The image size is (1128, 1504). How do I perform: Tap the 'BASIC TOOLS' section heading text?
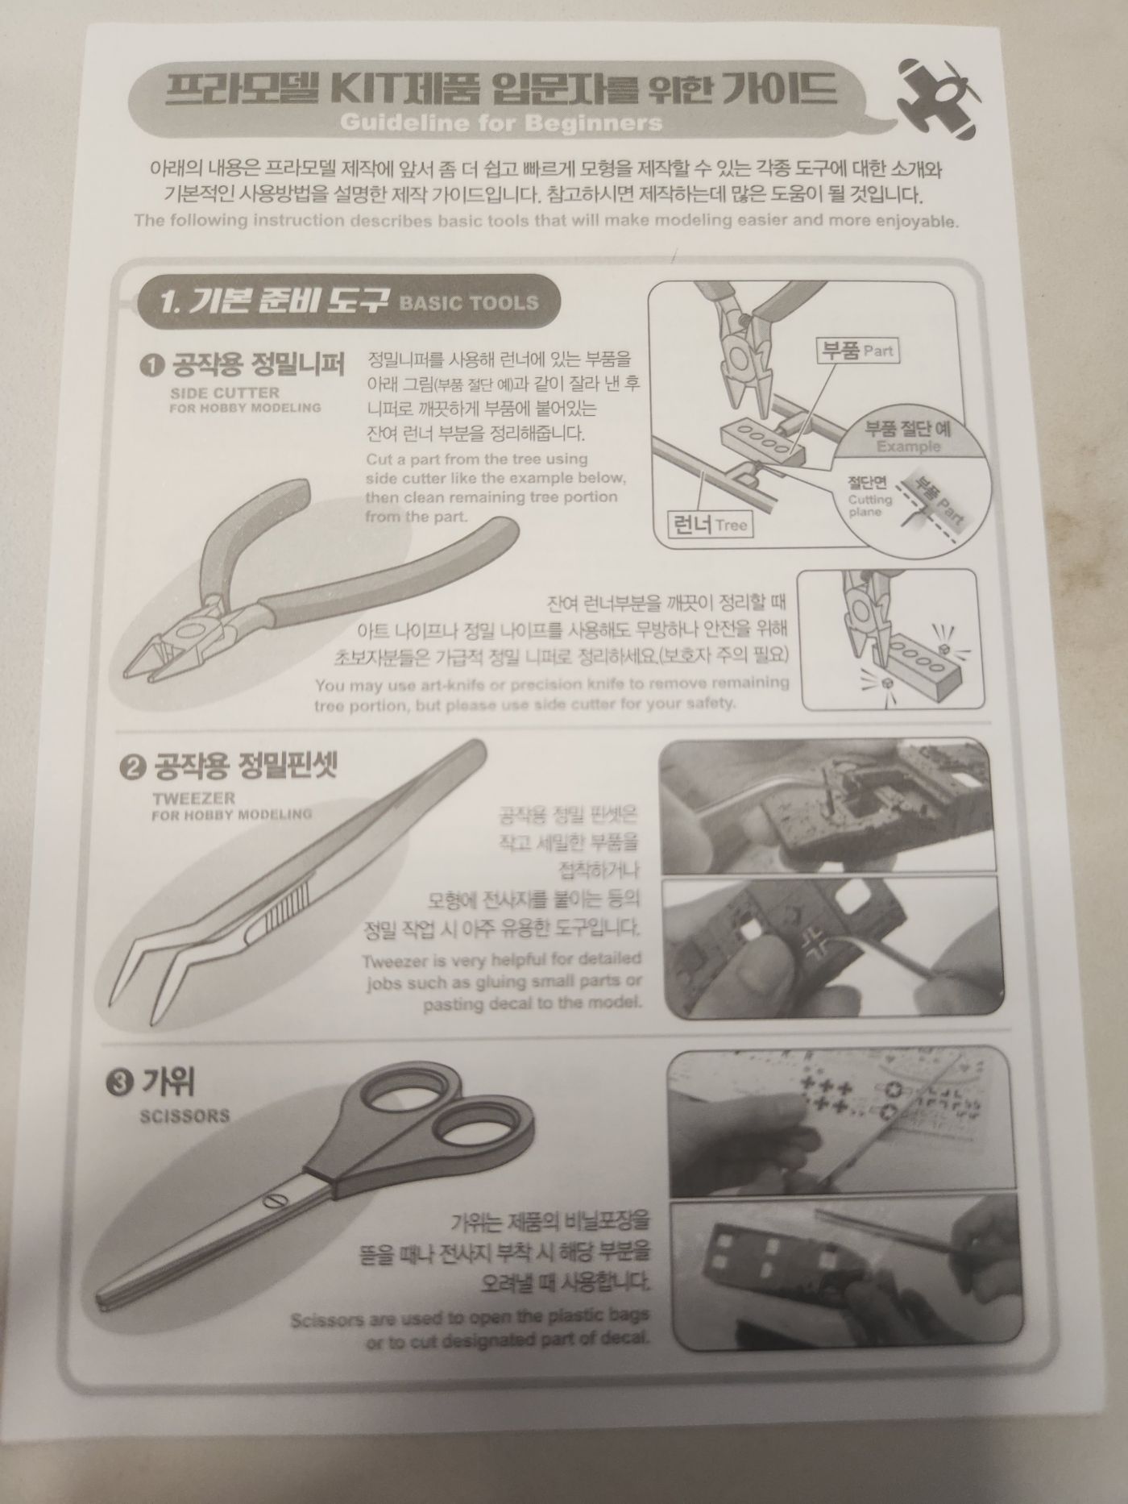click(x=468, y=303)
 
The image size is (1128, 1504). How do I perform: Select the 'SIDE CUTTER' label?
click(x=225, y=393)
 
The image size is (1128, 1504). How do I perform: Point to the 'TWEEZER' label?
click(x=193, y=798)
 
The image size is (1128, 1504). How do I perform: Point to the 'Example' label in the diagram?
click(x=908, y=447)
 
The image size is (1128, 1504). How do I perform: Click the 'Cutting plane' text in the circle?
click(x=871, y=506)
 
